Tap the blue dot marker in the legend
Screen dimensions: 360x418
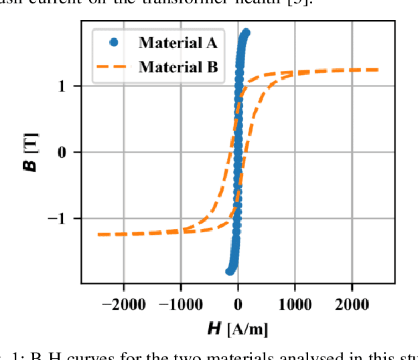(114, 42)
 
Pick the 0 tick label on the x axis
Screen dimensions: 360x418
(238, 304)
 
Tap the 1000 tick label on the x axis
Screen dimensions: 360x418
(295, 304)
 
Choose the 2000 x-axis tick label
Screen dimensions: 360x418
(352, 304)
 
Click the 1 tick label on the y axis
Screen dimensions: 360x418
(70, 86)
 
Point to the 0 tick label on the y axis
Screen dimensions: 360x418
(70, 153)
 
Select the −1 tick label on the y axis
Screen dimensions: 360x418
(64, 219)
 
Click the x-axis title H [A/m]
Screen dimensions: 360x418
(238, 329)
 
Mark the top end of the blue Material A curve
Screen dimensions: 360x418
(246, 33)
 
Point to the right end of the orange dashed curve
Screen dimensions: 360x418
(378, 70)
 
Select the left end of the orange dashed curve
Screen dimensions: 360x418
(98, 234)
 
